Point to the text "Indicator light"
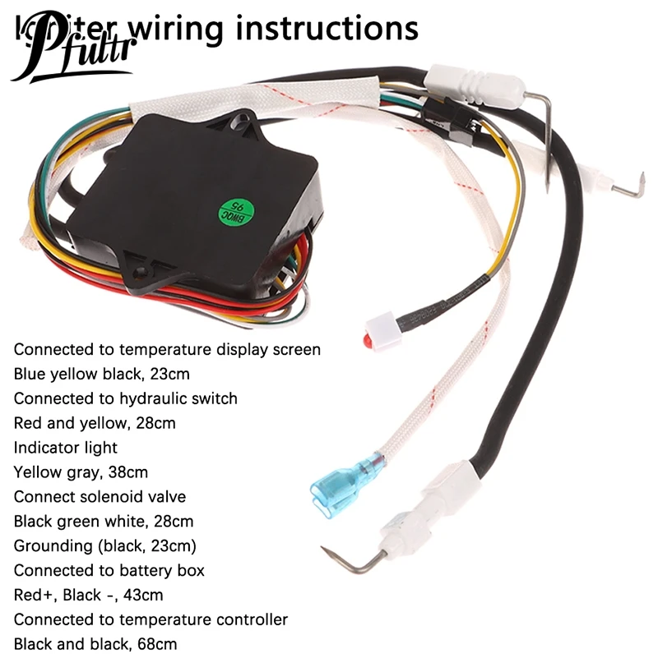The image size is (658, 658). pos(66,448)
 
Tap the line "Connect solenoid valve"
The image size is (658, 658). pos(100,497)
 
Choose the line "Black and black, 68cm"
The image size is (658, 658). pos(95,644)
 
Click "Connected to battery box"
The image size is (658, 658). pos(109,570)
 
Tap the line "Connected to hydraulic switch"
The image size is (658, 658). pos(125,398)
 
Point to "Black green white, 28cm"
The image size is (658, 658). pos(104,522)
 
